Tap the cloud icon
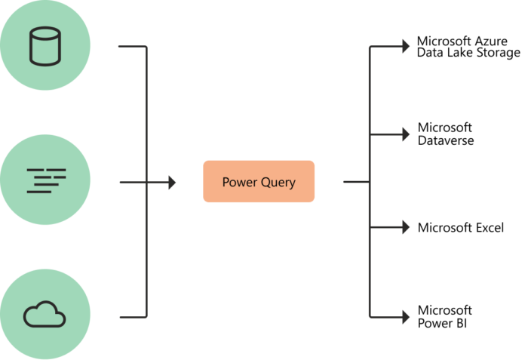(45, 313)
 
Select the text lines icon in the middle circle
(45, 180)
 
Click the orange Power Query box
(259, 182)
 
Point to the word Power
(238, 182)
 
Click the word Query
(276, 183)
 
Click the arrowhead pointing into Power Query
(172, 182)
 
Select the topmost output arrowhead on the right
(406, 46)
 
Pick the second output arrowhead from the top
(406, 134)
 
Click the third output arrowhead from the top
(406, 227)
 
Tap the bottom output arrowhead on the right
(406, 317)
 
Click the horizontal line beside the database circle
(131, 46)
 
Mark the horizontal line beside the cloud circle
(131, 317)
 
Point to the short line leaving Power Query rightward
(355, 182)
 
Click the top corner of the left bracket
(146, 47)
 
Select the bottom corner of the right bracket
(370, 317)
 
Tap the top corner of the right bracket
(370, 47)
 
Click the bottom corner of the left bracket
(146, 317)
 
